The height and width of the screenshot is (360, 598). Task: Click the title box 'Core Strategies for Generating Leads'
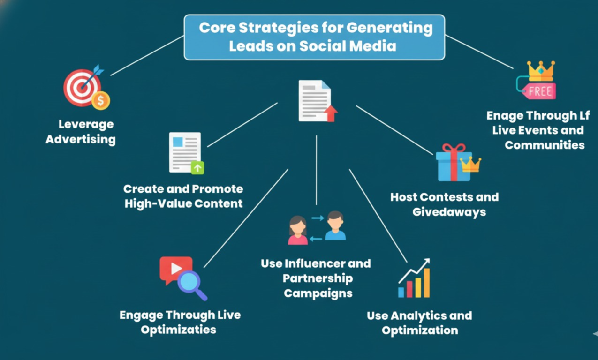point(314,37)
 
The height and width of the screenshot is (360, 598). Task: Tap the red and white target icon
point(82,87)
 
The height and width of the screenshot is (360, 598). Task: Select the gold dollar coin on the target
point(100,100)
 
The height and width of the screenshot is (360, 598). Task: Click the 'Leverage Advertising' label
point(80,132)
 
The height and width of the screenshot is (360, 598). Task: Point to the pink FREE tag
point(539,91)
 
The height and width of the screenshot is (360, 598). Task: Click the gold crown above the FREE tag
point(541,71)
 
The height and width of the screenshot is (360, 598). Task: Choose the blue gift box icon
point(453,164)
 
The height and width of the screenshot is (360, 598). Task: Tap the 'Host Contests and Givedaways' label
point(444,204)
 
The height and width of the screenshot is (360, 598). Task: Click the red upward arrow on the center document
point(331,113)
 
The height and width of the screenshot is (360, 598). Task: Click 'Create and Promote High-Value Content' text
point(183,196)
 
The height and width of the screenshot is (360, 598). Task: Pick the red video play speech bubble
point(175,269)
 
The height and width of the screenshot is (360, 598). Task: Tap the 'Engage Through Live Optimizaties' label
point(180,322)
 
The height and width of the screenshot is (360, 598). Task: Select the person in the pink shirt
point(297,230)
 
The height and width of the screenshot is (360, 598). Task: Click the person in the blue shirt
point(335,226)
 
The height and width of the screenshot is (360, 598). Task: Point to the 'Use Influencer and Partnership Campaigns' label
point(316,278)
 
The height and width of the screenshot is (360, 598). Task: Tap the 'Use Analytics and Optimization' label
point(419,322)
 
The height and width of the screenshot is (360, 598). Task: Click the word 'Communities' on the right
point(545,145)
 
